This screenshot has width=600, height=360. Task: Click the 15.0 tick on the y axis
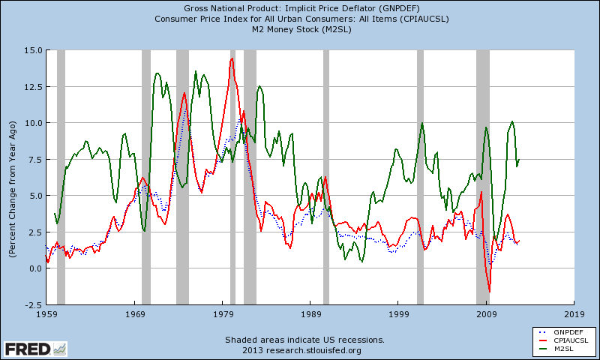pos(31,50)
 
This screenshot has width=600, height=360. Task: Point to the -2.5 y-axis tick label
pos(31,305)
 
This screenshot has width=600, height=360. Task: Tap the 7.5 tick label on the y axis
pos(33,160)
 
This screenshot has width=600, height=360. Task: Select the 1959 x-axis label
pos(46,315)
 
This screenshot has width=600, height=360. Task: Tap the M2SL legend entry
pos(564,349)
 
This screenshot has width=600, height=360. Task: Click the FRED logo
pos(34,349)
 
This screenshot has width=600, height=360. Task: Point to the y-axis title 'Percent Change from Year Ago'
pos(13,178)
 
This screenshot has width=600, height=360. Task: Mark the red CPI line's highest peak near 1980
pos(232,58)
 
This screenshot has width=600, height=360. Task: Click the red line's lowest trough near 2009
pos(489,292)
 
